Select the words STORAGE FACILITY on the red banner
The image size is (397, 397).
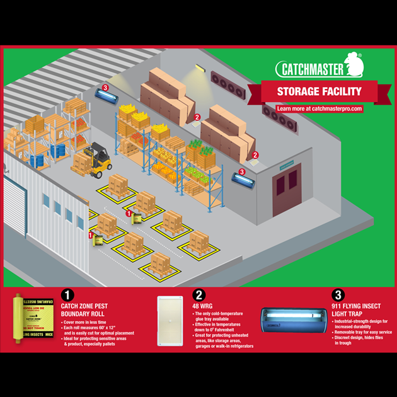coord(319,91)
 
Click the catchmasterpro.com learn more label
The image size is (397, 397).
coord(320,108)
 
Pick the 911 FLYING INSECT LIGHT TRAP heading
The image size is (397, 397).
coord(357,309)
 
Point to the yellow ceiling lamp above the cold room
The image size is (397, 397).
coord(200,67)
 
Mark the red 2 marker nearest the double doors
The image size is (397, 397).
coord(255,154)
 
